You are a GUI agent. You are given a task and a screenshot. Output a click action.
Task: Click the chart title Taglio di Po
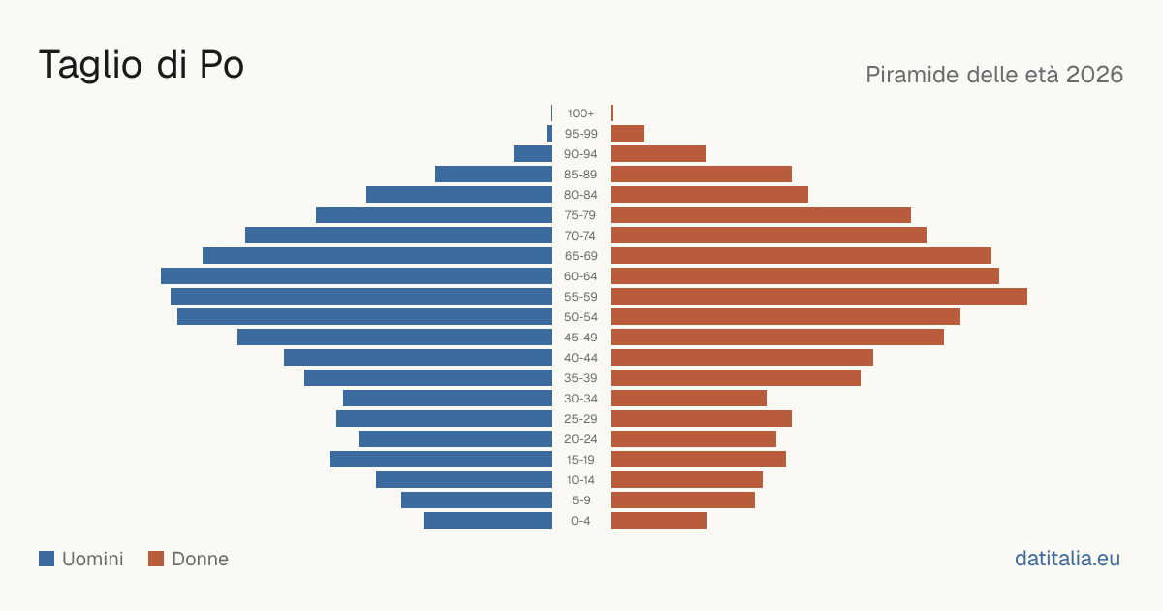141,65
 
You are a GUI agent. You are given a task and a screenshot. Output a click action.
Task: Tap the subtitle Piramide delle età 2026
994,75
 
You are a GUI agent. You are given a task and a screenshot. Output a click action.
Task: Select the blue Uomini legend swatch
47,559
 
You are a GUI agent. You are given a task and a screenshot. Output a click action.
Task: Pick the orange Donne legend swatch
156,559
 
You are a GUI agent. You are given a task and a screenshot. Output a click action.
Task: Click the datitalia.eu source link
1067,559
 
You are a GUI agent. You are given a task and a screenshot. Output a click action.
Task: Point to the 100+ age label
581,113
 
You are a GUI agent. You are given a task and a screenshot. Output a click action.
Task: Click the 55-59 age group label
581,297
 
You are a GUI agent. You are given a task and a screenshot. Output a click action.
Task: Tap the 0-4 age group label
581,521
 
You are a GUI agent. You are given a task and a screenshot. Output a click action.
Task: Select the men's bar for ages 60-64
357,275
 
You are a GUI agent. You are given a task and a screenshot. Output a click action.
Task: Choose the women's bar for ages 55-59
819,296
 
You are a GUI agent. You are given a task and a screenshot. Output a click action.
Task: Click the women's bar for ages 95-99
627,134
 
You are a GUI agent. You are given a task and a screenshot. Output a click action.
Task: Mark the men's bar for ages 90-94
533,154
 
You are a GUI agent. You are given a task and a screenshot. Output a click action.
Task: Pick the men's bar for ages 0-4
488,521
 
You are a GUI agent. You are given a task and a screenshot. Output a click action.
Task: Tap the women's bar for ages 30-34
688,399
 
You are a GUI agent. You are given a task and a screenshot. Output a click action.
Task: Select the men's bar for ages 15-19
441,460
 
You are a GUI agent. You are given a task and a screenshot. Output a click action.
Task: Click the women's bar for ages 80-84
709,195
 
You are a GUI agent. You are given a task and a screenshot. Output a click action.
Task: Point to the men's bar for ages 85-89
493,174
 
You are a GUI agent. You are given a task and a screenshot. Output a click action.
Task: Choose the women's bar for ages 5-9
682,500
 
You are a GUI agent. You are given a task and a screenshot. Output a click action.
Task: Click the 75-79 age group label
581,215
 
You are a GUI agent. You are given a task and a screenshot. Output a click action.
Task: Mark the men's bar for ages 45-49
395,338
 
